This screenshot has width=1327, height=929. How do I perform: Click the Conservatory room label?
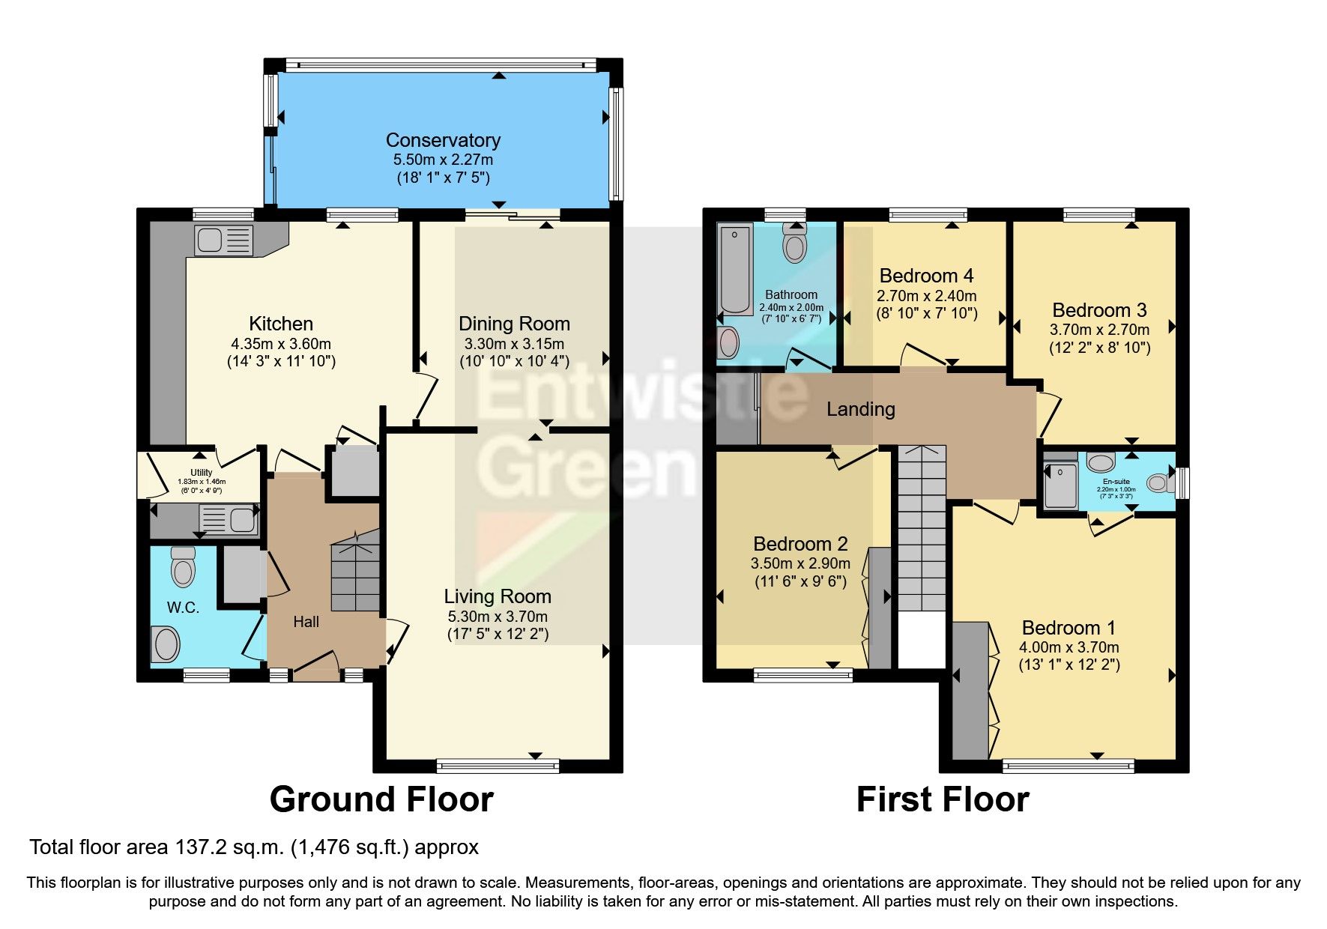(x=443, y=140)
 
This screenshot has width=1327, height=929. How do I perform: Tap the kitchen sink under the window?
(x=223, y=240)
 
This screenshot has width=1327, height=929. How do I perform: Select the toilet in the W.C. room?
(x=183, y=567)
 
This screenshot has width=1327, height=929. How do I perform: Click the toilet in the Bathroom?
(x=794, y=242)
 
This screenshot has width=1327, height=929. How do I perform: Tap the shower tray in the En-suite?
(x=1060, y=486)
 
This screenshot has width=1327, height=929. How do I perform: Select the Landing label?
(x=860, y=409)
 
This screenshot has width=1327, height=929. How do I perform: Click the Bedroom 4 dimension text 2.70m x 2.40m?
(x=926, y=296)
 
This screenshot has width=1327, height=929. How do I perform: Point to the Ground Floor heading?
(x=381, y=799)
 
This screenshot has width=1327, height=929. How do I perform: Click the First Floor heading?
(x=942, y=799)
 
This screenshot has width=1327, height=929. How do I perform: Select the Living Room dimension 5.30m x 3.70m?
(x=498, y=617)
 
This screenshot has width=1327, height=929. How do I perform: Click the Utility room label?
(x=201, y=473)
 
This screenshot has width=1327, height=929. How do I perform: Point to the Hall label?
(x=306, y=622)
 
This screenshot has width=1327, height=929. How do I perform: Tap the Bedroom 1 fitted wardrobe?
(x=970, y=690)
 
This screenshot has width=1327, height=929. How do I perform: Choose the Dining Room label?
(x=514, y=324)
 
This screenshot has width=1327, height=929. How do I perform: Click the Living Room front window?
(x=498, y=765)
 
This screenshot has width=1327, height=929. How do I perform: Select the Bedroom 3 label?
(x=1099, y=310)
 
